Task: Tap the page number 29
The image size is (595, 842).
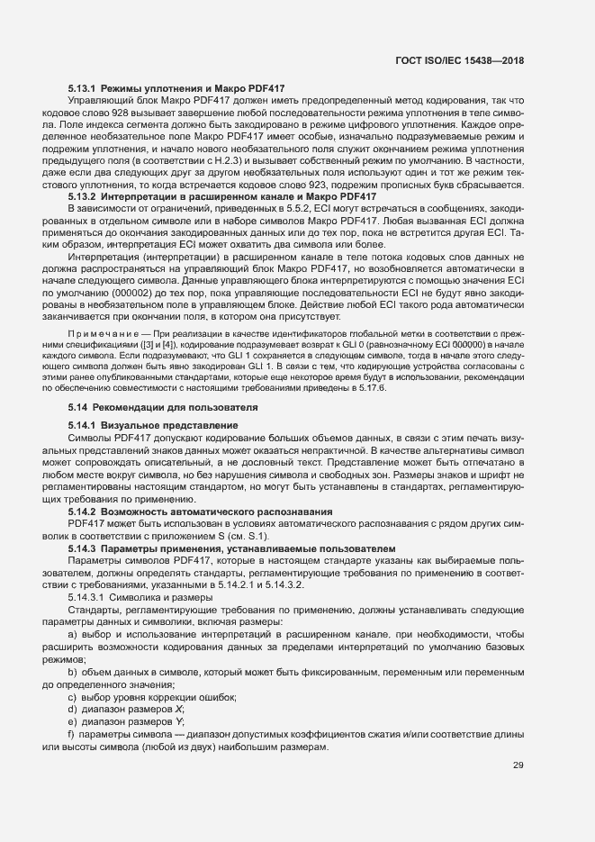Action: click(x=518, y=765)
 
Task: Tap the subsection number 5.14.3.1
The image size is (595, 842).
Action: click(x=87, y=598)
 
